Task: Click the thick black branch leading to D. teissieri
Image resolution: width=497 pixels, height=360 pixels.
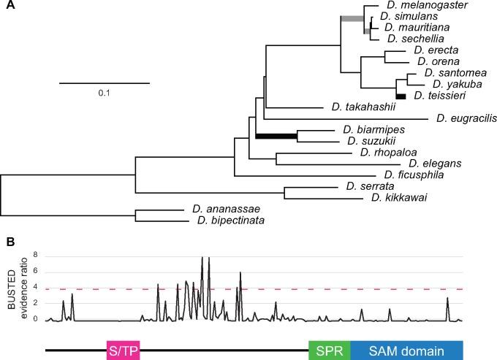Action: (x=400, y=96)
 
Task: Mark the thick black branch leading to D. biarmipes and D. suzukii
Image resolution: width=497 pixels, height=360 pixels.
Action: (x=276, y=135)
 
